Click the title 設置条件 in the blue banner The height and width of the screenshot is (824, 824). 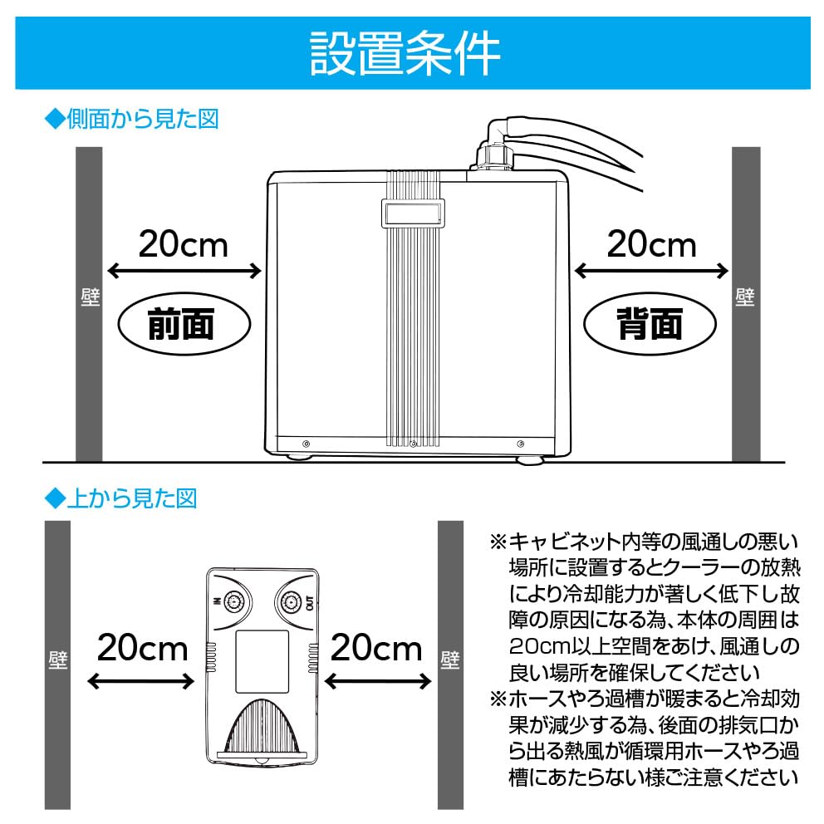(405, 54)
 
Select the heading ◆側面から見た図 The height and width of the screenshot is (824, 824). (130, 120)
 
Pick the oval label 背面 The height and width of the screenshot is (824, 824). (649, 324)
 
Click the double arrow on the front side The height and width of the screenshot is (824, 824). (184, 271)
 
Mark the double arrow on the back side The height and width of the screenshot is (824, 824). (652, 271)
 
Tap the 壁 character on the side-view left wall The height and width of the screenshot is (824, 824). (89, 297)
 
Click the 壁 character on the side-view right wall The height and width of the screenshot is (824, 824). (745, 297)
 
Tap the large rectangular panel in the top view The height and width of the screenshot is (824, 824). (262, 661)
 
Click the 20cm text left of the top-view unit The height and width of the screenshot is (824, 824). (142, 646)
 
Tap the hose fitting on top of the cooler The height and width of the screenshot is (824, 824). (495, 153)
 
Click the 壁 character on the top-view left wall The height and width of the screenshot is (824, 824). (56, 660)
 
